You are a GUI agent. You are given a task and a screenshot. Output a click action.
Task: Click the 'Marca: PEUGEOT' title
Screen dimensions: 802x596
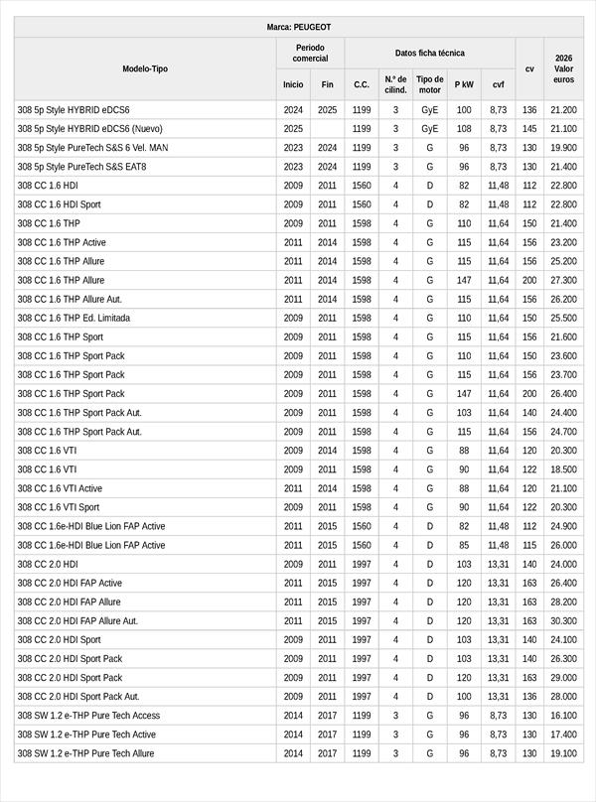coord(299,27)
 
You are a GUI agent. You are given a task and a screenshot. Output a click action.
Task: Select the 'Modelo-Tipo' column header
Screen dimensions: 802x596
coord(145,68)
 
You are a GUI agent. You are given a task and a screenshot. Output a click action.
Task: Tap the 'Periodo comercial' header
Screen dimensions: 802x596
coord(310,53)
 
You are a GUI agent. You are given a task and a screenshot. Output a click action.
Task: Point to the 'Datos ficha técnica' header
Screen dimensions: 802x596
coord(429,53)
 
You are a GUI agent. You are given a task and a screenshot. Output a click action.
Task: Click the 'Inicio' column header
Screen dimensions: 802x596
coord(293,84)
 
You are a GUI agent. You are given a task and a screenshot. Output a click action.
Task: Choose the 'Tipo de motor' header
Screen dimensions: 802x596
coord(430,84)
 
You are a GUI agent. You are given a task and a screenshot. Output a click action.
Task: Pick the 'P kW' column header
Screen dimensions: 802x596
coord(464,84)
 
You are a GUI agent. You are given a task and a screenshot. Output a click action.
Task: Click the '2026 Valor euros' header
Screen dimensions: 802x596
coord(563,68)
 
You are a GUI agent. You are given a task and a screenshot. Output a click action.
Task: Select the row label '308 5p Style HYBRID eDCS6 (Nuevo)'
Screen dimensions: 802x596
coord(89,129)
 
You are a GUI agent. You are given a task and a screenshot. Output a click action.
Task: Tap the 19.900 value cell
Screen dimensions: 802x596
coord(563,148)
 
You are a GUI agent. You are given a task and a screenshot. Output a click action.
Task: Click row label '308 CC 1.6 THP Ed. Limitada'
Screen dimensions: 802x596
coord(74,319)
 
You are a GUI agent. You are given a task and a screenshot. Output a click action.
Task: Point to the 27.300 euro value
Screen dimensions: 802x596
coord(563,281)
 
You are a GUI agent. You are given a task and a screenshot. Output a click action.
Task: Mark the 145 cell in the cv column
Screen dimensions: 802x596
coord(529,129)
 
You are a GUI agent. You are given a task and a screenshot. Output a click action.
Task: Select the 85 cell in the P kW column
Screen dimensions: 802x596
coord(464,545)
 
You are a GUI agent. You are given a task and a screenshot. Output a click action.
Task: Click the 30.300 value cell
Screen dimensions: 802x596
coord(563,621)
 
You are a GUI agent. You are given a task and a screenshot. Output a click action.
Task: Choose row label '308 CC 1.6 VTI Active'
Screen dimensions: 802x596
coord(60,488)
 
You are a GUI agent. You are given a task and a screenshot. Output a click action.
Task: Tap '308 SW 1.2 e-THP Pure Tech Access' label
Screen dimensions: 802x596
coord(88,716)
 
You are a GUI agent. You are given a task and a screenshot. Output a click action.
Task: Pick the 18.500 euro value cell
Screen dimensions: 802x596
coord(563,469)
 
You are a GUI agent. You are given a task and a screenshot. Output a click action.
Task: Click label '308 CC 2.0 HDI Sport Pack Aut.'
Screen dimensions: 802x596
coord(78,697)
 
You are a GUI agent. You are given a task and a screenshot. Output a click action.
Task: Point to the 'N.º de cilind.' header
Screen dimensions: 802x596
coord(395,84)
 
